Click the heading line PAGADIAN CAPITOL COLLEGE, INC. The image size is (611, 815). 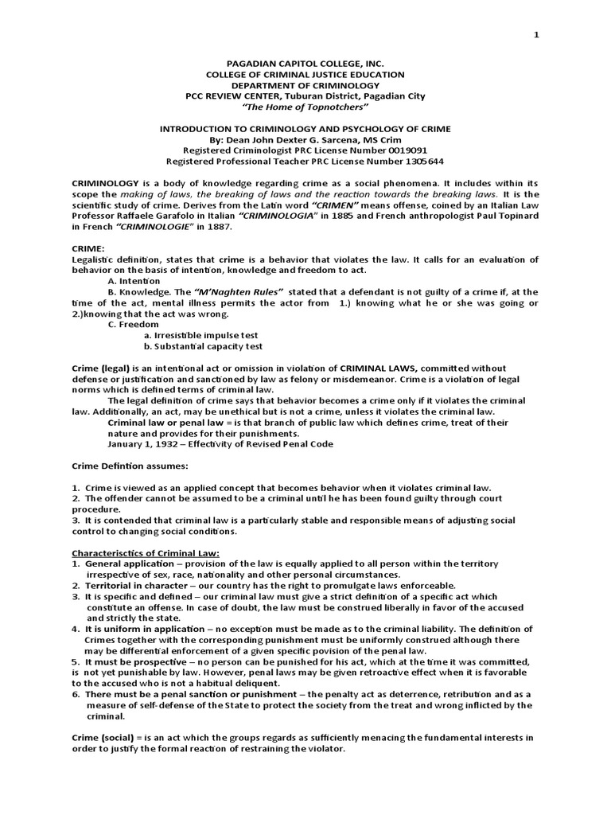[305, 63]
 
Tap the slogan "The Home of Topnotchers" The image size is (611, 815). [305, 107]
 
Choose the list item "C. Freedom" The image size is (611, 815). [133, 325]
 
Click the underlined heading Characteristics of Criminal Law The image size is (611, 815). [146, 553]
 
